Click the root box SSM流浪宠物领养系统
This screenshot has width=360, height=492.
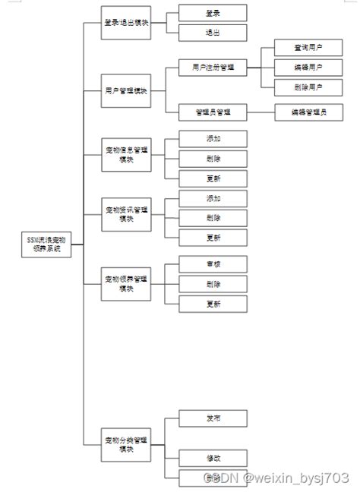pos(46,244)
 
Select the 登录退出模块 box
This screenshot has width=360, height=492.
pos(126,23)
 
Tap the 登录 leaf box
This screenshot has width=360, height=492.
pos(213,13)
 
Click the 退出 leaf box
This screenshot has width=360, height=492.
pos(213,33)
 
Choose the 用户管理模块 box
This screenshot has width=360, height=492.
pos(126,90)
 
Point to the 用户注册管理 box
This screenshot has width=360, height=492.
pos(213,68)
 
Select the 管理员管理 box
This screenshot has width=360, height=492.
pos(213,112)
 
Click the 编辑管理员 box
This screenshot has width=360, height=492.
pos(308,112)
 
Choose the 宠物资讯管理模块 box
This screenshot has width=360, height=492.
pos(126,214)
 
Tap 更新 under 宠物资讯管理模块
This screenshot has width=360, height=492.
pos(213,238)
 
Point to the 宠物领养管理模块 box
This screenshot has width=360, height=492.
pos(126,283)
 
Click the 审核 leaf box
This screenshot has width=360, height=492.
pos(213,264)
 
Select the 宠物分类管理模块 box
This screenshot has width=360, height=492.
pos(126,443)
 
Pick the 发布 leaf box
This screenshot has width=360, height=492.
pos(213,418)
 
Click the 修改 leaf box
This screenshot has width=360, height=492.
pos(213,458)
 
